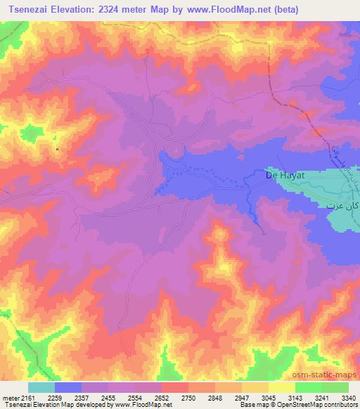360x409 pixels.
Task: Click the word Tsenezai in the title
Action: (30, 9)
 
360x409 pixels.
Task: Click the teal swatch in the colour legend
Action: (41, 387)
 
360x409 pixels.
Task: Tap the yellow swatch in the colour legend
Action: (281, 387)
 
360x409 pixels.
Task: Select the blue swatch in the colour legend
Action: (68, 387)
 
